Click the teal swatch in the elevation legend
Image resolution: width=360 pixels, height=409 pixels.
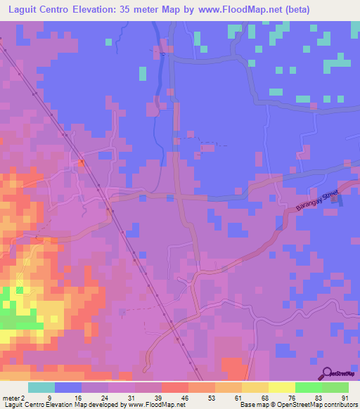[41, 387]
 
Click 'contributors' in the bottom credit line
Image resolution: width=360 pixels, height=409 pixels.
[340, 404]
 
